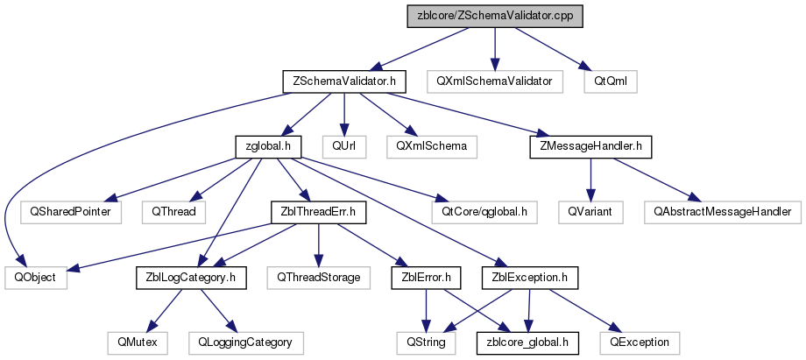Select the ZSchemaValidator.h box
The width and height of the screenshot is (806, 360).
tap(344, 81)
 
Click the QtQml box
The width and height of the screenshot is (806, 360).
tap(611, 81)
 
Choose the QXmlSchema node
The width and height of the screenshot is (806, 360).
tap(431, 146)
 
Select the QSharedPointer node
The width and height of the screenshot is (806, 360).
tap(71, 212)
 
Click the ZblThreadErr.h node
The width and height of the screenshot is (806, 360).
tap(318, 212)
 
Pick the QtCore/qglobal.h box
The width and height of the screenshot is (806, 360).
tap(484, 212)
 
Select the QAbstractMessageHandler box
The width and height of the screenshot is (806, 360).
tap(718, 212)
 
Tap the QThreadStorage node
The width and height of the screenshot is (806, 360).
tap(318, 278)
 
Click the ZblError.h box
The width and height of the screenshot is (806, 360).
tap(425, 278)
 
